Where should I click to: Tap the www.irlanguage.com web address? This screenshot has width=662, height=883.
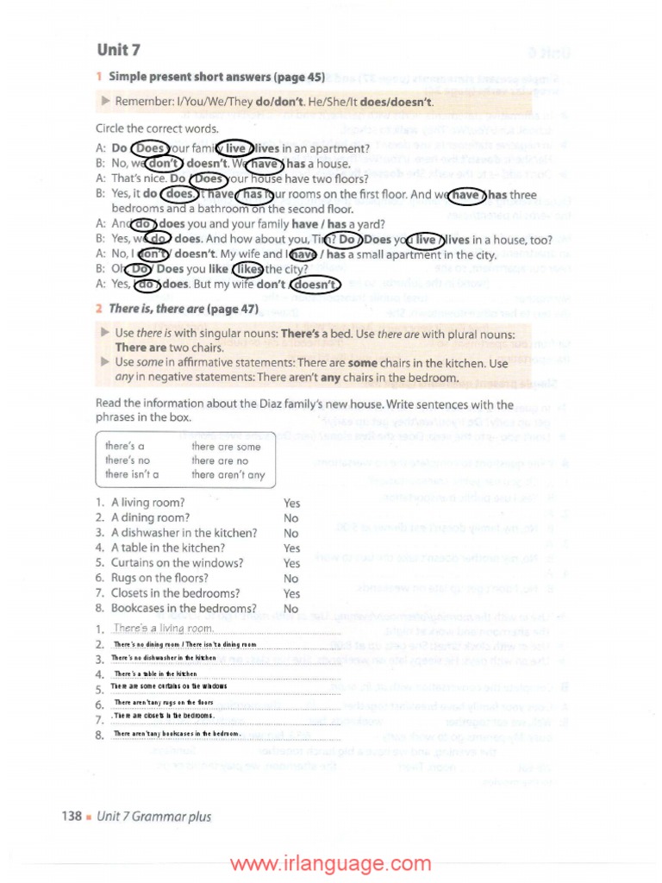(330, 864)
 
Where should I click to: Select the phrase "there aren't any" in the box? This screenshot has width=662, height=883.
(228, 475)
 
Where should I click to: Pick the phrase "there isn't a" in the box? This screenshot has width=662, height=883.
(131, 475)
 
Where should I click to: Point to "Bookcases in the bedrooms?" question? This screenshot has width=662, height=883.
(178, 609)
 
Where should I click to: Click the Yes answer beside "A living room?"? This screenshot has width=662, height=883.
(291, 503)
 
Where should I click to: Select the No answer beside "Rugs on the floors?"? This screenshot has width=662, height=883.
(291, 579)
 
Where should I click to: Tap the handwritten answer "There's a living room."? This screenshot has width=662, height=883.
(164, 629)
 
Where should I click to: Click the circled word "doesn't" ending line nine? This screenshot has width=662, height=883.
(315, 285)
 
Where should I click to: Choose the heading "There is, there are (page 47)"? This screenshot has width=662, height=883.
(184, 308)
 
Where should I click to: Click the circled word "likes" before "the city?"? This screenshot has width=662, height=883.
(248, 269)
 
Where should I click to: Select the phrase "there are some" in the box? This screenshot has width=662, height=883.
(225, 446)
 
